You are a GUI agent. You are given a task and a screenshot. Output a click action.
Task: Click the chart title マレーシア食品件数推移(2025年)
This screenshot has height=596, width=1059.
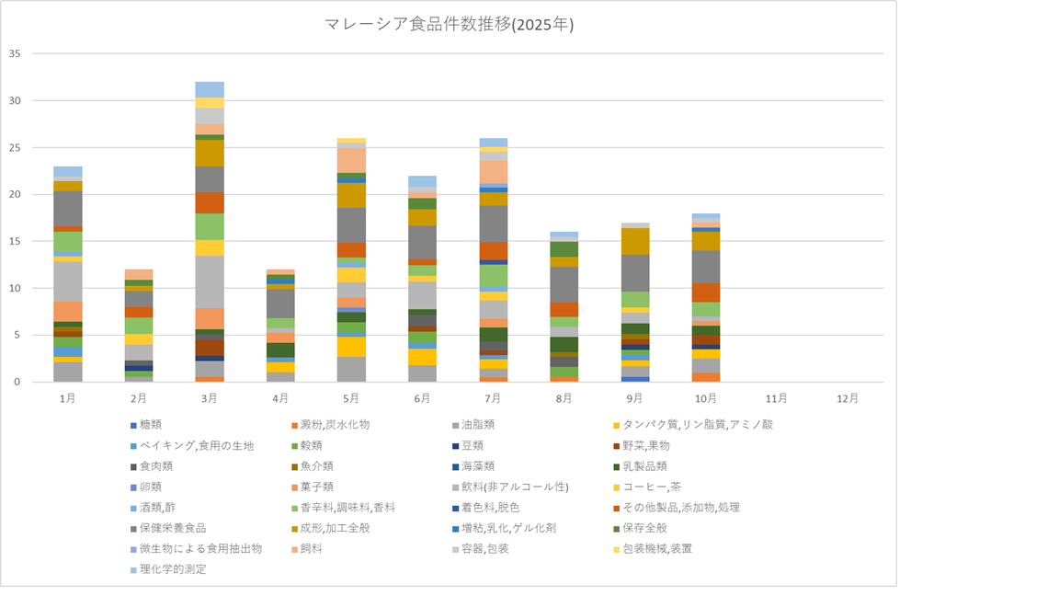click(x=449, y=25)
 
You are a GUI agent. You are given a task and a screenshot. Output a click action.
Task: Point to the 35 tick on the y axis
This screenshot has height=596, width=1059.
click(x=14, y=53)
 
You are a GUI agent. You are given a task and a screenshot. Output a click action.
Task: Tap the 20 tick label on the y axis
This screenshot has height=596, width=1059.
click(x=14, y=194)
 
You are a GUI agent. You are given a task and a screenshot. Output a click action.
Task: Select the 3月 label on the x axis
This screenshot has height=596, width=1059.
click(x=210, y=399)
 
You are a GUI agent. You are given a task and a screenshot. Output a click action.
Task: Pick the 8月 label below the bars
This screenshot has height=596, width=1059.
click(x=564, y=399)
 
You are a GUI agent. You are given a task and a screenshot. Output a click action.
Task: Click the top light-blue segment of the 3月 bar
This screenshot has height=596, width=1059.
click(x=210, y=89)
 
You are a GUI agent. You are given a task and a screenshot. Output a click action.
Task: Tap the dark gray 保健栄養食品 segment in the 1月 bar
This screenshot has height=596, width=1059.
click(x=68, y=209)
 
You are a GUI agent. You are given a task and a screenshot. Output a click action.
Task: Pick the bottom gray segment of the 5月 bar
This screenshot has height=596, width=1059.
click(x=351, y=369)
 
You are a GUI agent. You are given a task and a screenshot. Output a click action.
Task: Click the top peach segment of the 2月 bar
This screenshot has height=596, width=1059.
click(x=139, y=274)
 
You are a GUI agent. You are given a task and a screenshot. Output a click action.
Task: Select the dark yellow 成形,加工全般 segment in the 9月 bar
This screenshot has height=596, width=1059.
click(x=635, y=241)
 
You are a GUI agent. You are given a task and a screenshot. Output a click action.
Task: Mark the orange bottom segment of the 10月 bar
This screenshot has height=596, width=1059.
click(x=707, y=377)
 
